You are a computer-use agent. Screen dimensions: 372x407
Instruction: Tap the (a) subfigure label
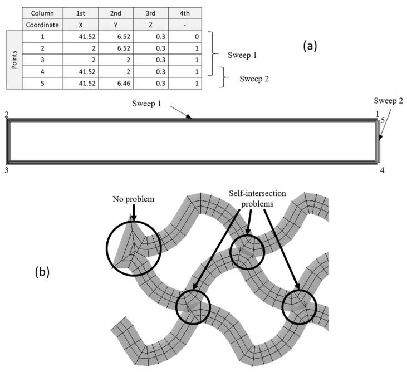click(x=310, y=46)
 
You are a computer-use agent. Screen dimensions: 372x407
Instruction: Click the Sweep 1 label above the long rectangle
click(x=150, y=104)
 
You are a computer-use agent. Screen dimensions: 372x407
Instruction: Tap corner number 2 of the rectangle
click(x=6, y=114)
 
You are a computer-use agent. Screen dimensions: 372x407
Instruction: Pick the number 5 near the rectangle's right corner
click(x=383, y=120)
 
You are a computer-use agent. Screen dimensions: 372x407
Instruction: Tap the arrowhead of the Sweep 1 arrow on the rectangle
click(x=190, y=117)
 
